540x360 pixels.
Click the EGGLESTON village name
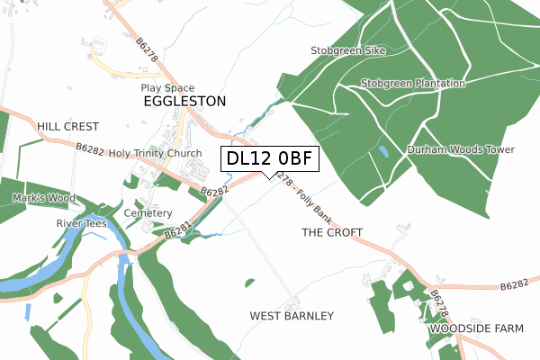click(x=184, y=103)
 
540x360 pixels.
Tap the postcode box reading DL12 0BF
click(x=269, y=158)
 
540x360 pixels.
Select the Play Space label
click(x=167, y=88)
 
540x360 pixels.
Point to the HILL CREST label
click(x=67, y=127)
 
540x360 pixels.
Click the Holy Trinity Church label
click(x=155, y=154)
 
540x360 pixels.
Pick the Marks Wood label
click(x=40, y=197)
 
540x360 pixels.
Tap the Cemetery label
click(x=148, y=213)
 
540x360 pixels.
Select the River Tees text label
click(x=82, y=222)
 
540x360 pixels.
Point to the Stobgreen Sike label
click(x=347, y=51)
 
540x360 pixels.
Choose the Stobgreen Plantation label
click(x=413, y=84)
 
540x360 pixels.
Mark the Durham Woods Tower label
click(x=460, y=149)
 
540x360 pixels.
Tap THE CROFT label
click(x=332, y=232)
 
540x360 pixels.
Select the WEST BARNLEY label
click(x=292, y=316)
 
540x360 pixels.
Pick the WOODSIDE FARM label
click(x=475, y=329)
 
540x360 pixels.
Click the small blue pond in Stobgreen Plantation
click(x=384, y=151)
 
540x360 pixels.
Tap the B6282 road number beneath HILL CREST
click(x=89, y=148)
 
